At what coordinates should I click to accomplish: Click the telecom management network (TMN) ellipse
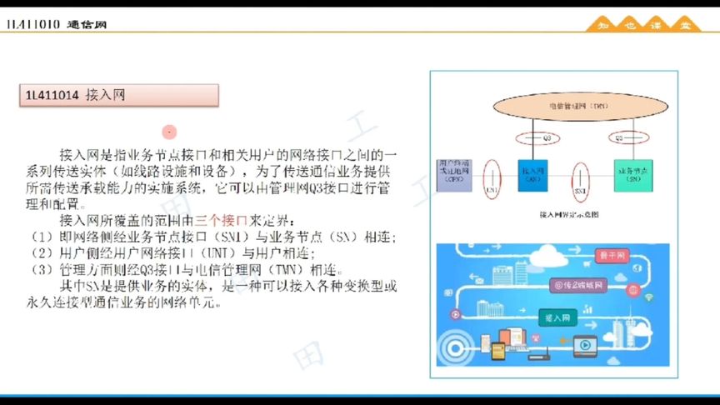(566, 107)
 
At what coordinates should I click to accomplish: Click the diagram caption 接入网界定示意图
(570, 214)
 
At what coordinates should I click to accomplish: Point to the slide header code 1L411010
(32, 25)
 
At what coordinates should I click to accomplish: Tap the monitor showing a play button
(583, 342)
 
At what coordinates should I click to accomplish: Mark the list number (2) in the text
(42, 252)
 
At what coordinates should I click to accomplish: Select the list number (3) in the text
(42, 269)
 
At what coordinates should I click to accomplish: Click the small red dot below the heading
(169, 132)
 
